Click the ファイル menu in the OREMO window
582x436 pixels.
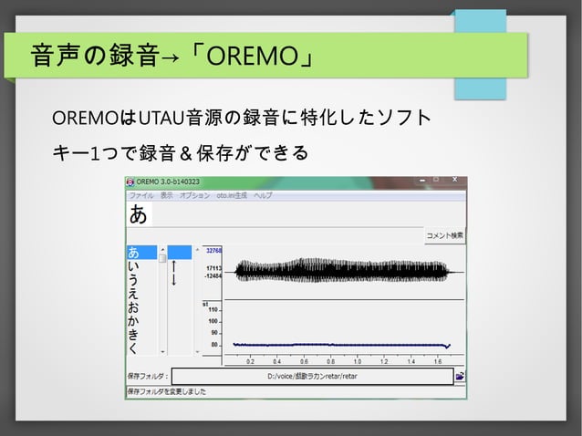click(x=141, y=195)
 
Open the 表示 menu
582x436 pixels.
click(x=166, y=195)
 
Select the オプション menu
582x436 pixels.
click(x=194, y=195)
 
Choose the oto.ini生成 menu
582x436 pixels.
click(x=232, y=195)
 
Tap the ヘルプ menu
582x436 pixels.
click(x=263, y=195)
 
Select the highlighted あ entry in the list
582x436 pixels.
click(x=134, y=252)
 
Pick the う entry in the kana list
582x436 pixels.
click(x=134, y=280)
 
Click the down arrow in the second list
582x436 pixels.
click(x=173, y=278)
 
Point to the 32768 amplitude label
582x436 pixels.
click(x=213, y=249)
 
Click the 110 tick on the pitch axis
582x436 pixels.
click(x=213, y=310)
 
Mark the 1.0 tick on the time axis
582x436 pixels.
click(x=358, y=361)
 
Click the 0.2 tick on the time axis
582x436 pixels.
click(x=250, y=361)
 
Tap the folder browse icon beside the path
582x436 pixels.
click(x=461, y=375)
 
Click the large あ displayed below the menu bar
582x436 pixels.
click(x=138, y=214)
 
